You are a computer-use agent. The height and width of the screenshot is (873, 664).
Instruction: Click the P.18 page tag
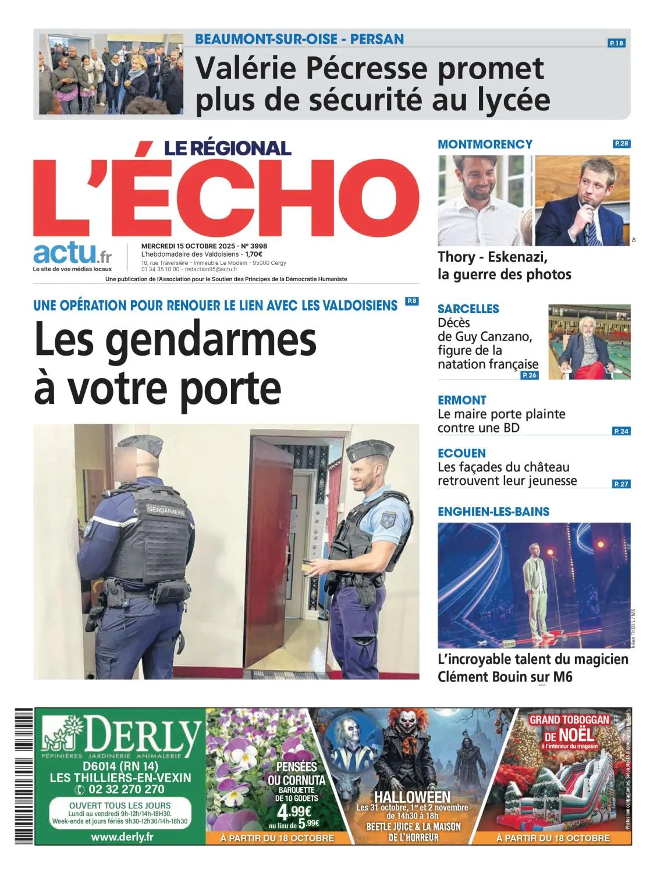(x=616, y=43)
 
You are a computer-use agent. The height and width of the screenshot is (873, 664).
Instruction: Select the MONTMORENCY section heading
(x=485, y=144)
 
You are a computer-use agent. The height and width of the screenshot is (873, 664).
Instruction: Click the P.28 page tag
(x=622, y=144)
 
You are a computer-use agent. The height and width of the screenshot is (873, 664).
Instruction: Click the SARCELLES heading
(x=468, y=309)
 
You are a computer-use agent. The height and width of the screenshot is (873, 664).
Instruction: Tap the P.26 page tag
(x=530, y=375)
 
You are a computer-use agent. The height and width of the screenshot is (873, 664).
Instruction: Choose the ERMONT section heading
(x=461, y=400)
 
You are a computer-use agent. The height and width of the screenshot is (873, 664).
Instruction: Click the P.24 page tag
(x=622, y=431)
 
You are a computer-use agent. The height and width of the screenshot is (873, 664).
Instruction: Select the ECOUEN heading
(x=461, y=453)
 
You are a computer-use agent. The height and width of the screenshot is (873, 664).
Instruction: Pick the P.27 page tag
(x=622, y=484)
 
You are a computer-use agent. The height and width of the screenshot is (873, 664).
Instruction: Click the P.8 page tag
(x=411, y=301)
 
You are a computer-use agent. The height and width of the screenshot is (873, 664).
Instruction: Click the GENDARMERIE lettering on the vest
(x=166, y=511)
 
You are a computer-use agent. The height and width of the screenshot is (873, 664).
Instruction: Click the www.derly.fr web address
(x=122, y=837)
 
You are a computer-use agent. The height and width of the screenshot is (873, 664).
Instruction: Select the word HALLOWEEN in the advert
(x=412, y=797)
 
